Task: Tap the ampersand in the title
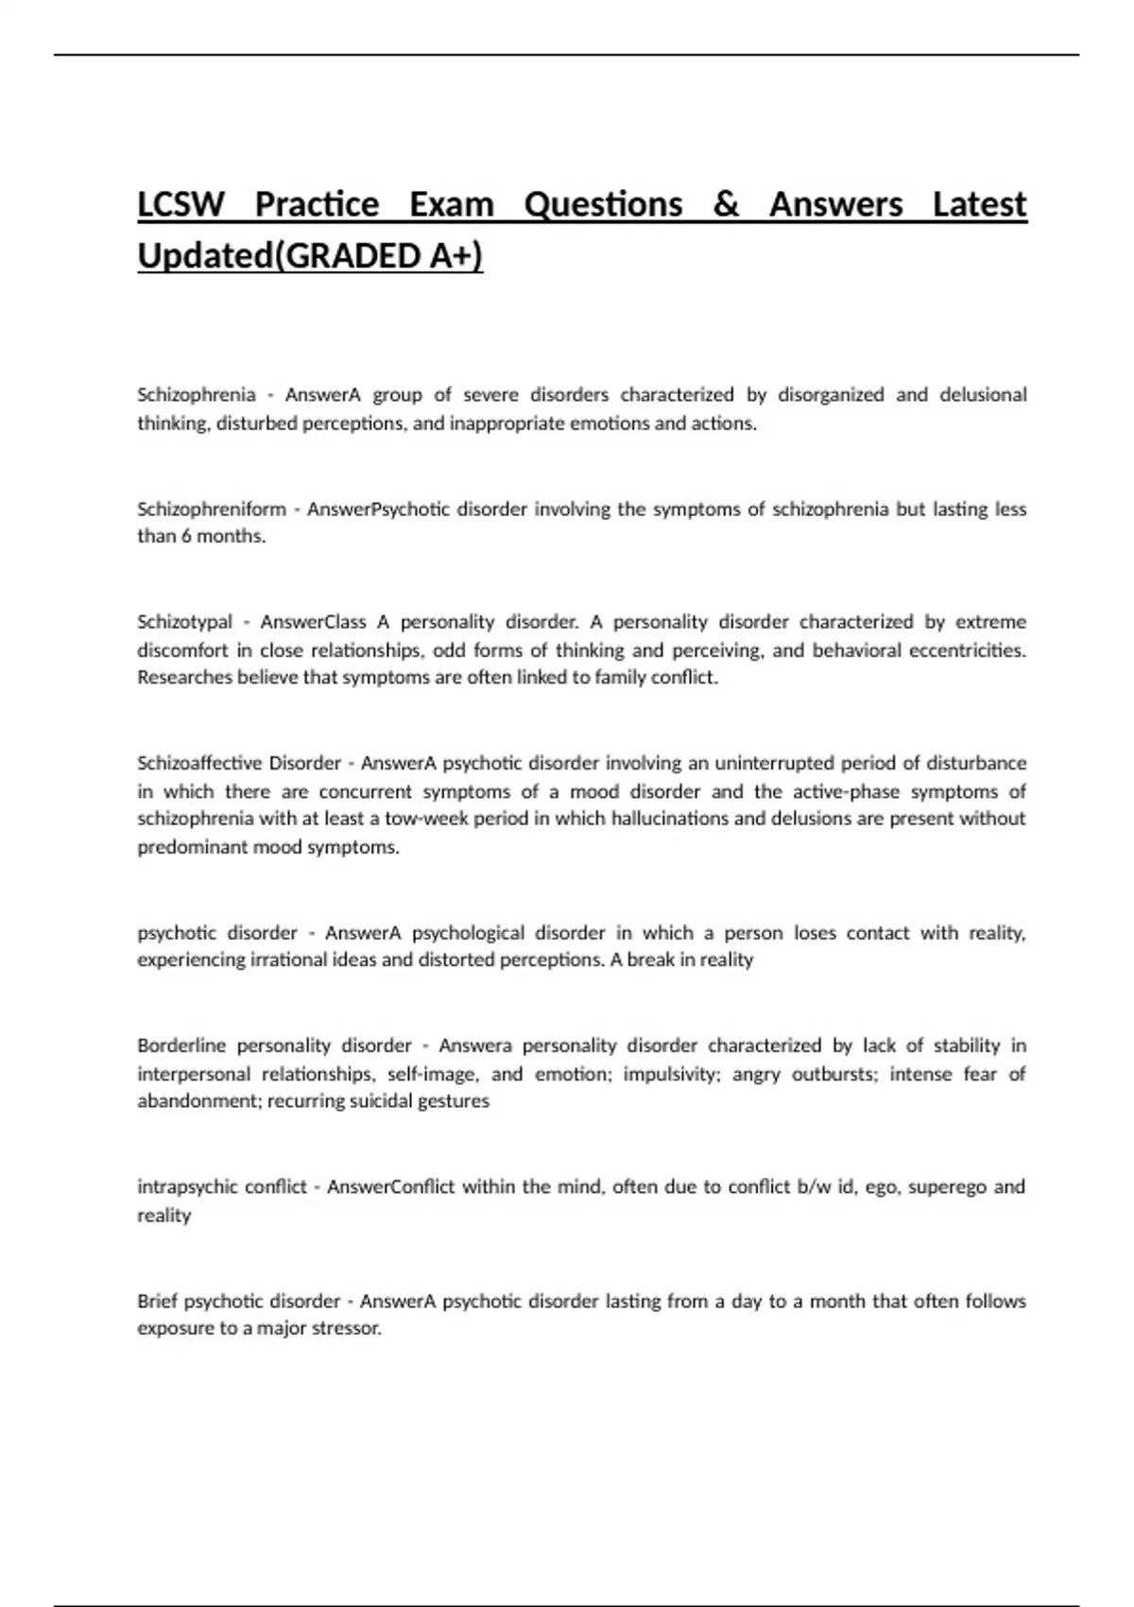point(726,204)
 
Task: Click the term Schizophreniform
point(212,509)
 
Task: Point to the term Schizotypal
point(184,622)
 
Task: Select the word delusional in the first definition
point(983,394)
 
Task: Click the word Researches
point(184,677)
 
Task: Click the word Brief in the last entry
point(156,1301)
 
